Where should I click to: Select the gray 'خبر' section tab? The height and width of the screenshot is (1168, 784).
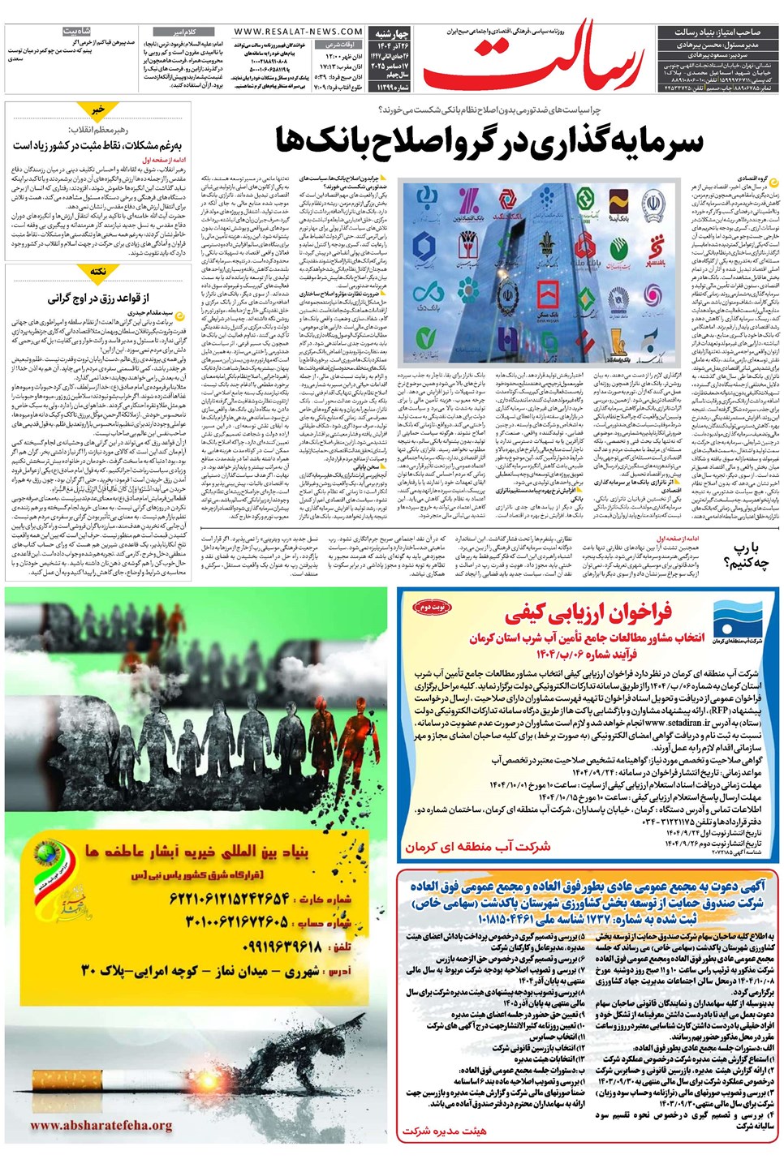[98, 109]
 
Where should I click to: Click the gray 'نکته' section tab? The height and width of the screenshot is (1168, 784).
[98, 272]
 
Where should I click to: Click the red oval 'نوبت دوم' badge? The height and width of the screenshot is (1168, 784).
[429, 607]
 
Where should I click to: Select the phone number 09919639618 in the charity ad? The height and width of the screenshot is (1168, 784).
[281, 947]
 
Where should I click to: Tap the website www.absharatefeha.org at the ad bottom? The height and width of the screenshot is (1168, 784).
[101, 1125]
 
